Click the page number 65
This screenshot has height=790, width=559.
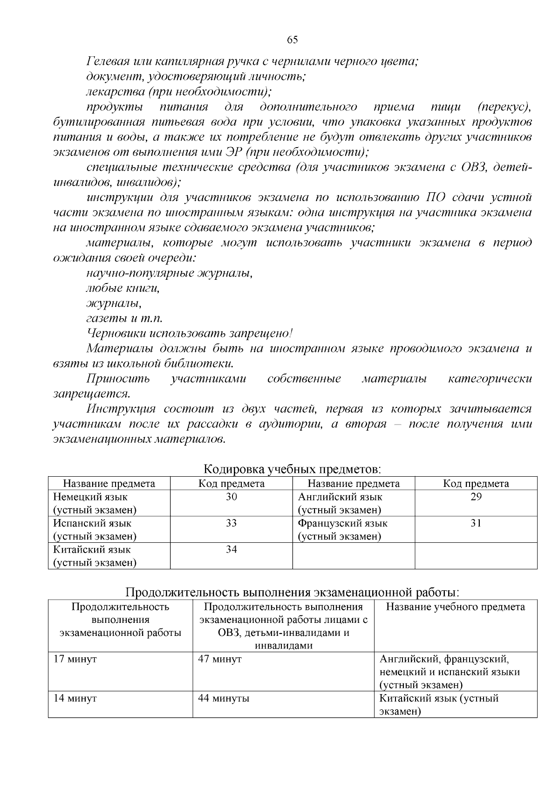(x=292, y=40)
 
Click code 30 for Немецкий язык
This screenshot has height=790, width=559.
(x=231, y=497)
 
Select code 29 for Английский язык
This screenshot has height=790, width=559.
(x=476, y=497)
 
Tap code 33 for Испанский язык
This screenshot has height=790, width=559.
(x=231, y=523)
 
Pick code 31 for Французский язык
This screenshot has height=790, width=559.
(x=476, y=523)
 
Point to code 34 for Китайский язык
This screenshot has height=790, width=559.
(x=231, y=550)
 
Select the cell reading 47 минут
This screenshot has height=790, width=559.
(x=220, y=659)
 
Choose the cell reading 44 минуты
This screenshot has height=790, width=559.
(x=224, y=698)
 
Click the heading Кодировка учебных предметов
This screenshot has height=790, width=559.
(x=293, y=469)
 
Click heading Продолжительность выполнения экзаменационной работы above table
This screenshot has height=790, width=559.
(x=293, y=593)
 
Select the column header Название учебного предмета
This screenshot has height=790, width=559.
(x=455, y=607)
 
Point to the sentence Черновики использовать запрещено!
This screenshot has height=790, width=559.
(x=190, y=333)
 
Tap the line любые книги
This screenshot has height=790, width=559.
(x=123, y=288)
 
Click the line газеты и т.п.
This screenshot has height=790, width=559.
(x=124, y=318)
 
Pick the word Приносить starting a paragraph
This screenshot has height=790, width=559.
(x=118, y=378)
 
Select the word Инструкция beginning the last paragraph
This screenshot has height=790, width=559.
(x=121, y=409)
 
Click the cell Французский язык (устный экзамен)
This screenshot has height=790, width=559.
(x=342, y=530)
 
